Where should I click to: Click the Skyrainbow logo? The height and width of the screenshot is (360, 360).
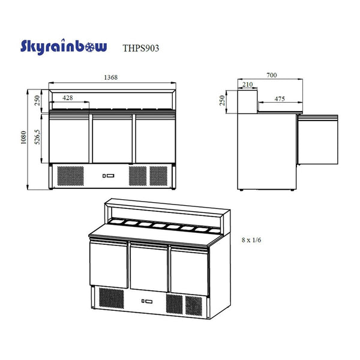point(64,47)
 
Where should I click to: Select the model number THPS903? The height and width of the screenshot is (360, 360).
point(141,48)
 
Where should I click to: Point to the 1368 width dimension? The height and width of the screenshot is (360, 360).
point(111,77)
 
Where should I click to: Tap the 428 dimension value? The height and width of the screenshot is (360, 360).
point(68,98)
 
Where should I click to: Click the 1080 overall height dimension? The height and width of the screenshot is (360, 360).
point(23,137)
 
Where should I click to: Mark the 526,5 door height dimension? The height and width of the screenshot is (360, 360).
point(37,137)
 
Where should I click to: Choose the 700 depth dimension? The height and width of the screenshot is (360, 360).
point(272,75)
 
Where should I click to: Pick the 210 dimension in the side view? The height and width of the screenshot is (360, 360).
point(247,85)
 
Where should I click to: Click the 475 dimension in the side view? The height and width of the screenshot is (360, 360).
point(280,99)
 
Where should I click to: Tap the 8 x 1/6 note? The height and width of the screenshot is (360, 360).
point(251,240)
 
